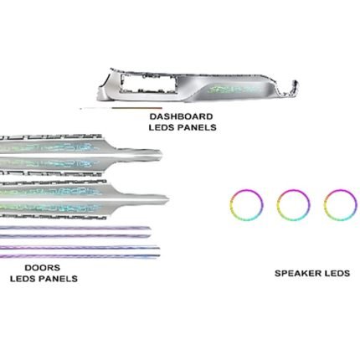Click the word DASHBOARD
point(181,116)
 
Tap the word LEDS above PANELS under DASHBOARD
point(162,127)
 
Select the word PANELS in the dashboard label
point(197,127)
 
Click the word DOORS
point(43,268)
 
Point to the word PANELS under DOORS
point(58,279)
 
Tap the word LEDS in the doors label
point(23,279)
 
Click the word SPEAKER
point(296,273)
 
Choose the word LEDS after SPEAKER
point(336,273)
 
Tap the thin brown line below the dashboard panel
point(136,108)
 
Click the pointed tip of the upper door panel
point(160,153)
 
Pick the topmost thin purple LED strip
point(75,228)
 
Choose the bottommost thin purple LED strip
point(78,256)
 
